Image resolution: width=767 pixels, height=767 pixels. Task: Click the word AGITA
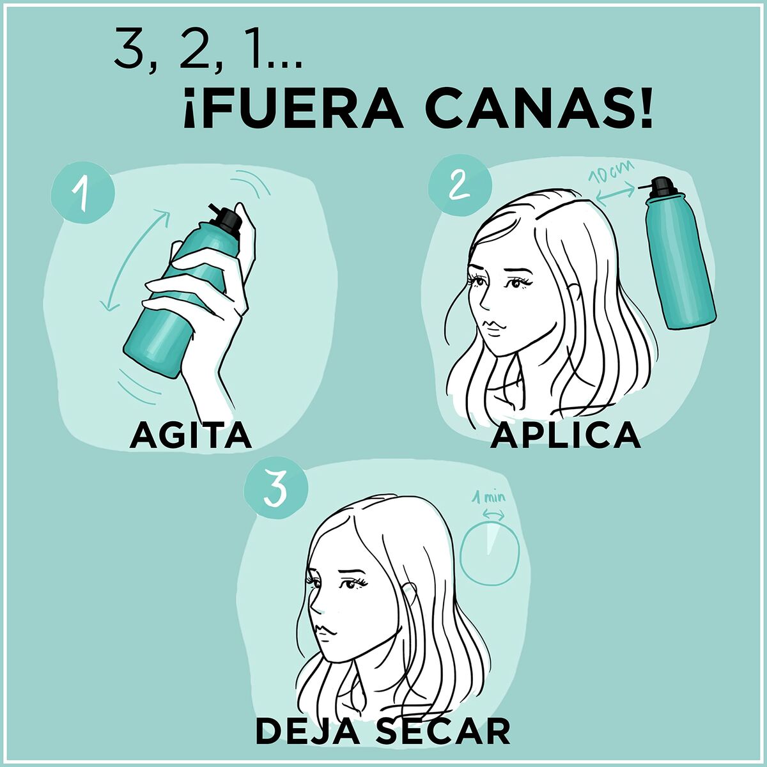click(x=190, y=436)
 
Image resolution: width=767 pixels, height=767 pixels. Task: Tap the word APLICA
click(x=566, y=436)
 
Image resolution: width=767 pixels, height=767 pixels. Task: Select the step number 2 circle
click(x=458, y=186)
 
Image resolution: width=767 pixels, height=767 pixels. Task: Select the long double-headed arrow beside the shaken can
click(x=136, y=262)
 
